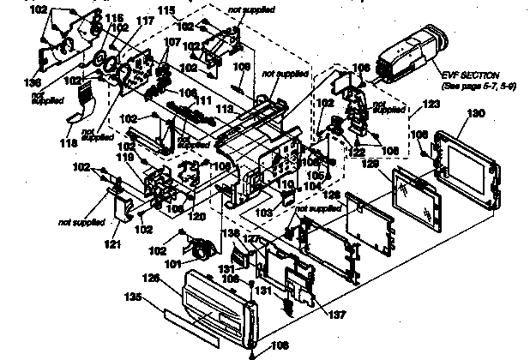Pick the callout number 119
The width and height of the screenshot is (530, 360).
pyautogui.click(x=125, y=158)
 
